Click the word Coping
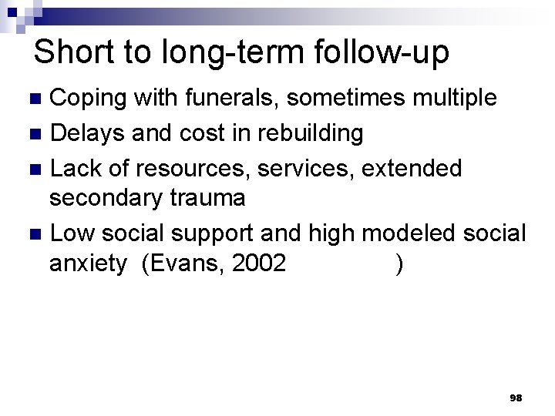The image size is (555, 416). (88, 99)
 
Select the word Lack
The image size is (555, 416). (77, 167)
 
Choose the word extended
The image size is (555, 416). (411, 167)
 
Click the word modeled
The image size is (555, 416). (414, 232)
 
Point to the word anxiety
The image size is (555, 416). (87, 264)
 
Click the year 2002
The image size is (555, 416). (258, 264)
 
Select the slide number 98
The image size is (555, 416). (516, 398)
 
